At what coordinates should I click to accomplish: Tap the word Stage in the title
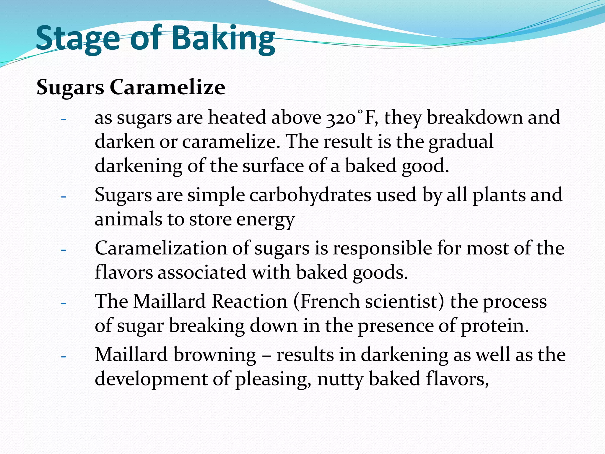pos(78,38)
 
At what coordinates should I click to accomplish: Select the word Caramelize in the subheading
pos(167,87)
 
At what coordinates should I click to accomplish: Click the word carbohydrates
pos(310,195)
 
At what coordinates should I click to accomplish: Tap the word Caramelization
pos(161,248)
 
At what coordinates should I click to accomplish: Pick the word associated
pos(202,273)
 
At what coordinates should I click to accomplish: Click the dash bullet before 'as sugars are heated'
pos(64,119)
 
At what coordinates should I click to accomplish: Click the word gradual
pos(461,142)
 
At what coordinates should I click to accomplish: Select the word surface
pos(273,166)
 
